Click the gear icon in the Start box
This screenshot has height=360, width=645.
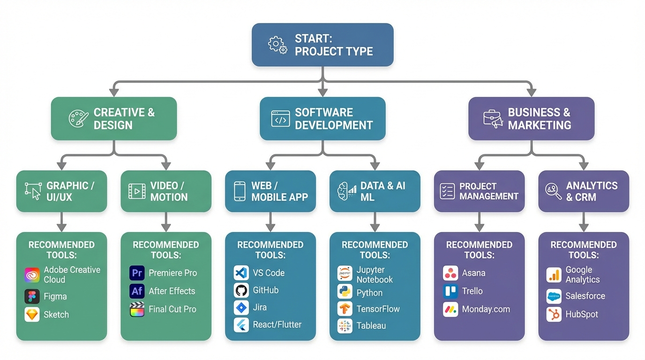pyautogui.click(x=277, y=45)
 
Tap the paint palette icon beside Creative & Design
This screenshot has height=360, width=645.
pyautogui.click(x=78, y=119)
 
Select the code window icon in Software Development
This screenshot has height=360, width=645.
pyautogui.click(x=280, y=119)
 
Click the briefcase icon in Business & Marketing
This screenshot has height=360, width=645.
pyautogui.click(x=493, y=119)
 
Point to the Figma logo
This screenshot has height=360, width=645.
pyautogui.click(x=32, y=297)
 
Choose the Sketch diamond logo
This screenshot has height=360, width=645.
pyautogui.click(x=32, y=315)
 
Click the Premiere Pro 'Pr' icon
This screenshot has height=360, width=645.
pyautogui.click(x=137, y=273)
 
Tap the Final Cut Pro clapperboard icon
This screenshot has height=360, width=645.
pyautogui.click(x=137, y=309)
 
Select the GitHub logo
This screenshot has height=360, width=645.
pyautogui.click(x=241, y=290)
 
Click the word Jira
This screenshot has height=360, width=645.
pyautogui.click(x=260, y=307)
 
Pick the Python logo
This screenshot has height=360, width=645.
pyautogui.click(x=345, y=292)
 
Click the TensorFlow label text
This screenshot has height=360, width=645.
pyautogui.click(x=378, y=309)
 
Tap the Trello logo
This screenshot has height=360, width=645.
pyautogui.click(x=450, y=291)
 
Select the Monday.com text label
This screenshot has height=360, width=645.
pyautogui.click(x=486, y=309)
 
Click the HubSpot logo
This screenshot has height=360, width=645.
pyautogui.click(x=554, y=314)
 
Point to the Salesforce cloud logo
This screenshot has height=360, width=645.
pyautogui.click(x=554, y=296)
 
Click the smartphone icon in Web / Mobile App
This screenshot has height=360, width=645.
pyautogui.click(x=240, y=191)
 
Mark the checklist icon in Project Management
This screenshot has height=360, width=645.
pyautogui.click(x=447, y=191)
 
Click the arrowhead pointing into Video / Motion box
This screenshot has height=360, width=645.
pyautogui.click(x=165, y=165)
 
